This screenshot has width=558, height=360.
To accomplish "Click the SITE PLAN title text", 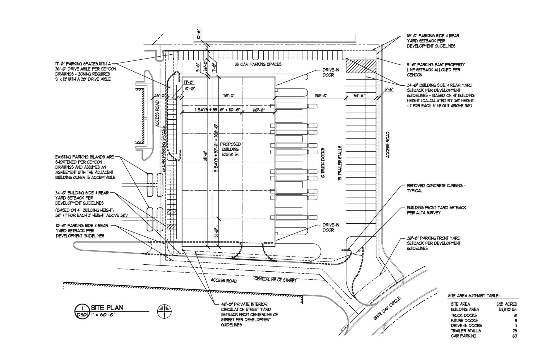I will pos(107,308).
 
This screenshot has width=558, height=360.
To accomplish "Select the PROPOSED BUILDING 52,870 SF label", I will pos(230,149).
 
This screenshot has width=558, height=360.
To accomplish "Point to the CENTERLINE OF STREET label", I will pos(275,279).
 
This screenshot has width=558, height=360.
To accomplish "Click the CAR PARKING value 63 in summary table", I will pos(514,336).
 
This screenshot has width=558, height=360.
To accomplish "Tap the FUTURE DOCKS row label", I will pos(464,320).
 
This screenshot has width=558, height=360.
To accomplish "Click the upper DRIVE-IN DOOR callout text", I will pos(331,73).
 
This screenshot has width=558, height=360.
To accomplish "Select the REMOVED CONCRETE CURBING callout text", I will pos(436,188).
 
